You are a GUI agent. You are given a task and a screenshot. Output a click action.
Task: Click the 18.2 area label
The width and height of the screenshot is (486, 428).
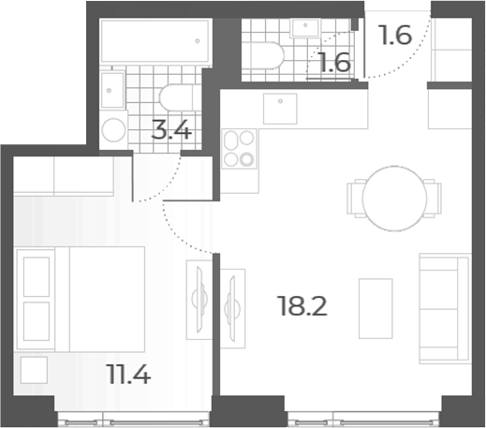click(x=302, y=306)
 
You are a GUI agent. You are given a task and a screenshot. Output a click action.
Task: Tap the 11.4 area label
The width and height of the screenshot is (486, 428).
click(x=128, y=374)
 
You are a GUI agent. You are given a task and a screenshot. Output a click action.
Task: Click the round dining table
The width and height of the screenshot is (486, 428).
click(x=394, y=199)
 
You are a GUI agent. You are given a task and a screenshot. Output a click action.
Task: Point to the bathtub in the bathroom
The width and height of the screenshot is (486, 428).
click(x=155, y=40)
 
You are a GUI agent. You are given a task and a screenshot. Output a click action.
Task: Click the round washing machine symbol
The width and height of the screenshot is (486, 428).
click(x=114, y=130)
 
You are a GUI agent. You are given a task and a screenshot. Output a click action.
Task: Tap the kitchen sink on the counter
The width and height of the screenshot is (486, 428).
click(x=280, y=109)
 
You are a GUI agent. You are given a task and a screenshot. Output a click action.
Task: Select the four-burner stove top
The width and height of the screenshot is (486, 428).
click(x=240, y=149)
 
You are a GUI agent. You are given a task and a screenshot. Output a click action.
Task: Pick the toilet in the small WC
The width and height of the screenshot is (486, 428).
click(x=263, y=55)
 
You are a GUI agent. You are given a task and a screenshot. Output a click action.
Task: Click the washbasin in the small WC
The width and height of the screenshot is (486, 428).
click(x=305, y=27)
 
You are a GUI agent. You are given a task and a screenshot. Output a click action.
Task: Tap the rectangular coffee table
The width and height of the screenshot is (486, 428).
click(x=376, y=308)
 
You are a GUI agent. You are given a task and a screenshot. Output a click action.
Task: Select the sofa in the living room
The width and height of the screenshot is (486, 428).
click(x=445, y=308)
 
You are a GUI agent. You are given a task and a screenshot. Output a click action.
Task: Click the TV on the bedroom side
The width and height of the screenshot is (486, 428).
click(x=199, y=300)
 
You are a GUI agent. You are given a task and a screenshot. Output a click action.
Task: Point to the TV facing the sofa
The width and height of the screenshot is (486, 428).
click(x=232, y=309)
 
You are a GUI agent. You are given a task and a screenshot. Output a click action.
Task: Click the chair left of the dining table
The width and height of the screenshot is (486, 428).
click(x=355, y=199)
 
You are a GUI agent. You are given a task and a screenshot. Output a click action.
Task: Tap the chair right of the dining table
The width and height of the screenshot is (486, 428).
click(x=433, y=199)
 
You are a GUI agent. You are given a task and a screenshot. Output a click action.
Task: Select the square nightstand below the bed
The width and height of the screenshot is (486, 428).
click(x=34, y=370)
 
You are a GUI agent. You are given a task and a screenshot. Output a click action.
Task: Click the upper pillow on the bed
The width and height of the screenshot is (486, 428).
click(x=37, y=276)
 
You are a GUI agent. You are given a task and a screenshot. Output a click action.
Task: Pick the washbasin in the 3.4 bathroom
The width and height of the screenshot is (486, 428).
click(x=112, y=90)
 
